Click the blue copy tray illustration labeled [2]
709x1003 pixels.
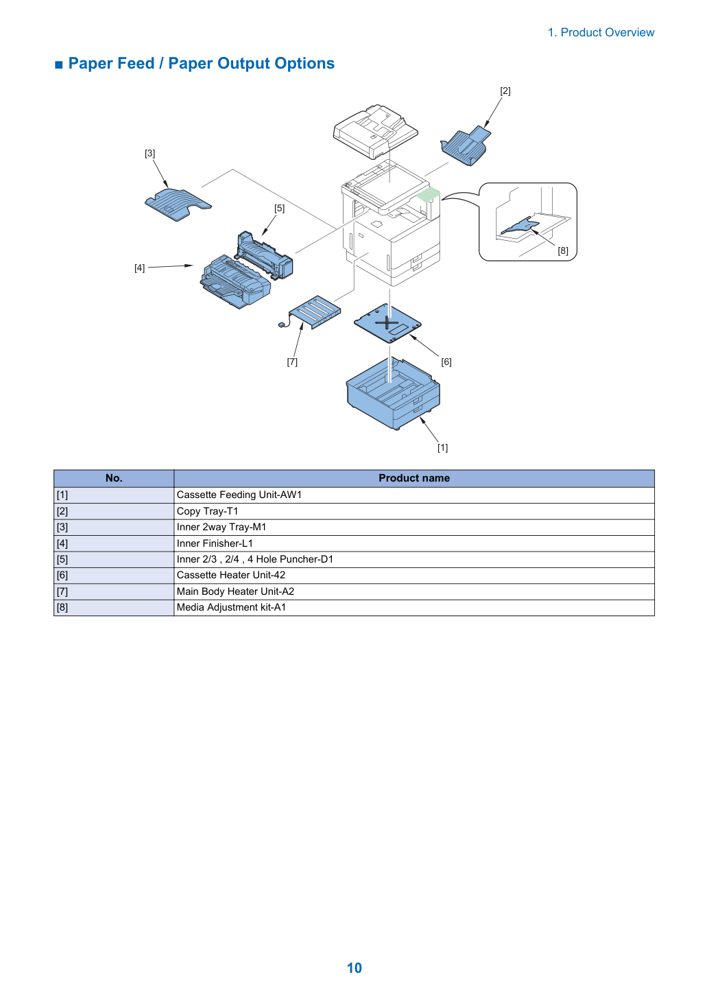coord(465,146)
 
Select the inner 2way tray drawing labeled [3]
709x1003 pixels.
coord(178,204)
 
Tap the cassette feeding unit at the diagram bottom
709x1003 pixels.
coord(393,393)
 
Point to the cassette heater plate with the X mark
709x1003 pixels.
coord(387,323)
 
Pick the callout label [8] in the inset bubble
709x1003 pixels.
coord(563,251)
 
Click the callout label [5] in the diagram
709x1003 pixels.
coord(279,208)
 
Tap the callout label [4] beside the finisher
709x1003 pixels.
coord(140,268)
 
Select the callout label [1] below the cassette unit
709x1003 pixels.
coord(443,448)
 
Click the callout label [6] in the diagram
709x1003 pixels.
coord(446,362)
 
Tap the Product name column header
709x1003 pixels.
coord(414,478)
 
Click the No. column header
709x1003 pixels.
coord(114,478)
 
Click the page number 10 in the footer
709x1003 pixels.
coord(354,967)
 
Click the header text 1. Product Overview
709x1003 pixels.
coord(601,32)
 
